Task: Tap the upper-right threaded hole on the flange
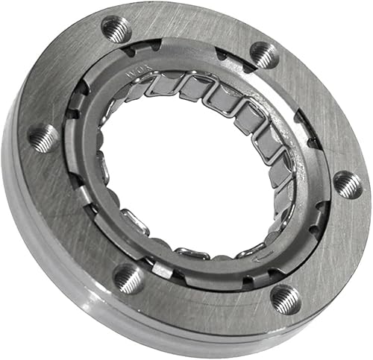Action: pyautogui.click(x=263, y=53)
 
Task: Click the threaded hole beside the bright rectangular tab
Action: pyautogui.click(x=128, y=278)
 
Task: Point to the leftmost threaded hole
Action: pyautogui.click(x=43, y=137)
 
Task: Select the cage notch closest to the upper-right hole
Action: pyautogui.click(x=224, y=54)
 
